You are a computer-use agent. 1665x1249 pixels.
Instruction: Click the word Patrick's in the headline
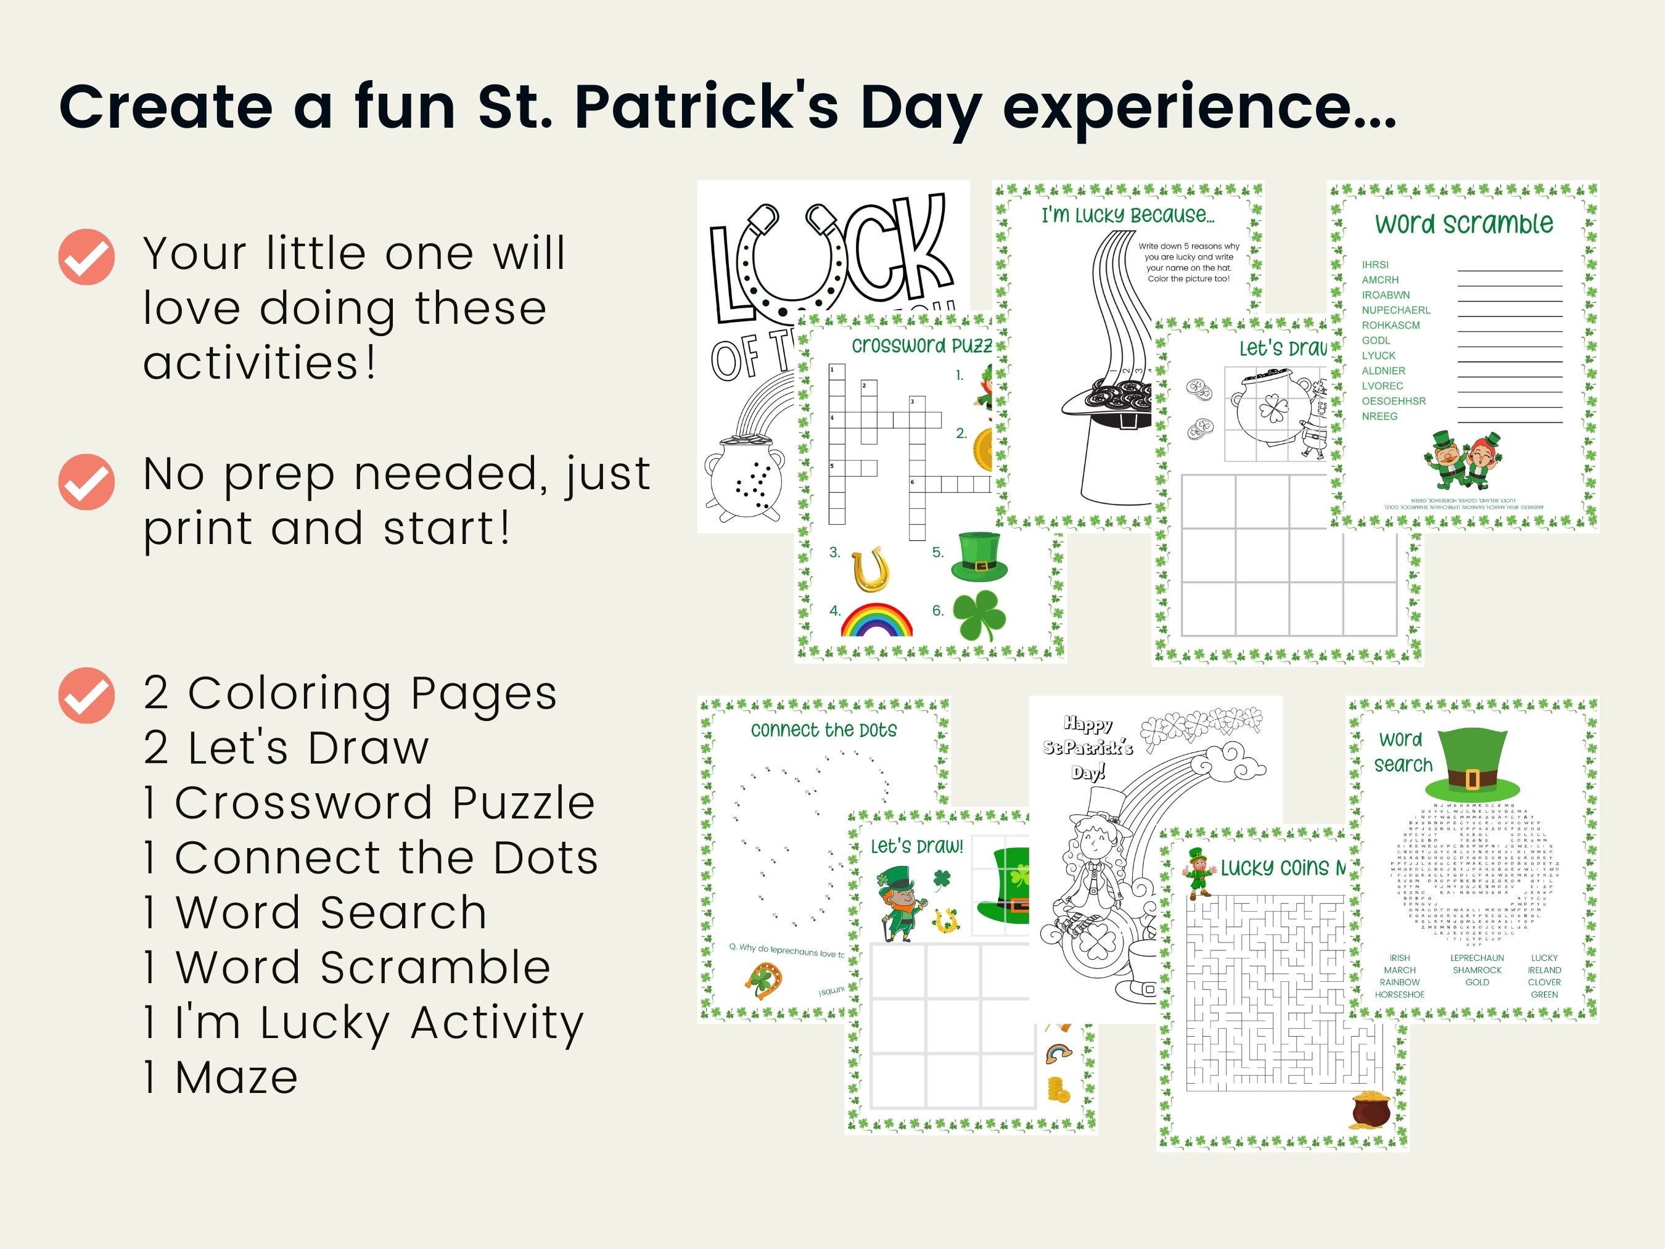705,106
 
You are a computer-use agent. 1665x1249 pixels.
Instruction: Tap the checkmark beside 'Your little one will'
86,257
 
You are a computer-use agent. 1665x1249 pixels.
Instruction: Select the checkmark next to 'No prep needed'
86,482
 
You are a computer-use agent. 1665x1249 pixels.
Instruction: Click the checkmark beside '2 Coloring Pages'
86,695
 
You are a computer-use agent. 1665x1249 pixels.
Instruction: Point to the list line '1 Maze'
221,1078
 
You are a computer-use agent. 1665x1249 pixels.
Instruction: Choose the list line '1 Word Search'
315,912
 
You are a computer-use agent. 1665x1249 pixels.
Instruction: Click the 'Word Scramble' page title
1464,224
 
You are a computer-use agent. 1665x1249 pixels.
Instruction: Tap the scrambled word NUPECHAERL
1396,310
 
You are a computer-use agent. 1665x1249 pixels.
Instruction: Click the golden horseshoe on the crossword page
871,569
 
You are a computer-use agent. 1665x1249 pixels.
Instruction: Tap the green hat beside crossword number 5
979,557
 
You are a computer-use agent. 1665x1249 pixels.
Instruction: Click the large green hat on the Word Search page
1473,764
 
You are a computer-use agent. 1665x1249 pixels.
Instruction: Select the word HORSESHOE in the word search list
1399,994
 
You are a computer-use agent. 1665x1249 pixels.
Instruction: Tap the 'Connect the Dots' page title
823,730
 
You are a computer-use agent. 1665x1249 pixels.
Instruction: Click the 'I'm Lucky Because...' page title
1127,215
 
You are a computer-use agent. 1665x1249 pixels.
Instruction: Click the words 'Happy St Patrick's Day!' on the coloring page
1088,748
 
